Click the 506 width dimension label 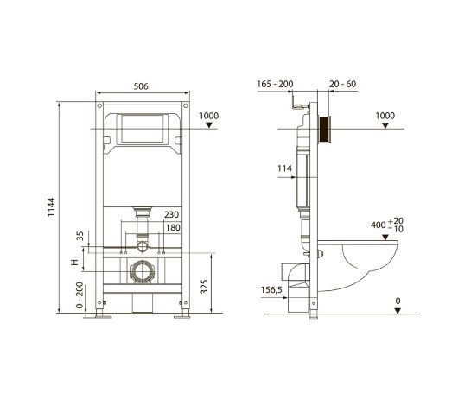coord(141,86)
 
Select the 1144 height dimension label coord(51,207)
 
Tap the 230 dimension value coord(171,215)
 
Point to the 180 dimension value coord(173,228)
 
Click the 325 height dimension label coord(204,287)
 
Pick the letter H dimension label coord(74,263)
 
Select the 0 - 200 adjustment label coord(80,295)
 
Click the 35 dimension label coord(80,236)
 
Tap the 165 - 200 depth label coord(275,84)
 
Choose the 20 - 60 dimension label coord(343,84)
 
